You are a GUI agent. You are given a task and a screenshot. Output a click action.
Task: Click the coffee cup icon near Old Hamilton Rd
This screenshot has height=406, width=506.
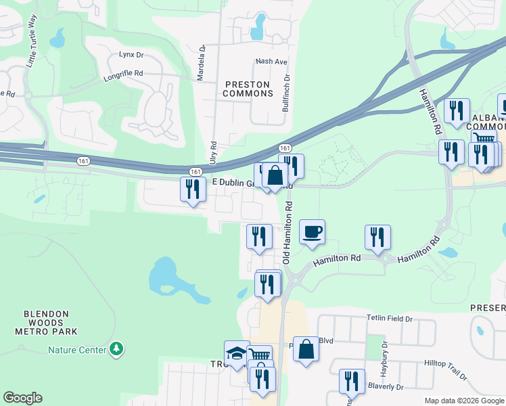point(312,232)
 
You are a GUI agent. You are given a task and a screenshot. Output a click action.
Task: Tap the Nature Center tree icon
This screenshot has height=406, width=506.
point(118,348)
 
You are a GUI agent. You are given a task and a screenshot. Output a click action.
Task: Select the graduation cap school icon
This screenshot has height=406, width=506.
point(236,353)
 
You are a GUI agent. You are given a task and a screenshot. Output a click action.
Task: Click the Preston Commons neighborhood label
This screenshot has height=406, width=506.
point(247,89)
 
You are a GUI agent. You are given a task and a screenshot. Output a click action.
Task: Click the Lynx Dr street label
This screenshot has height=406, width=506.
point(131,54)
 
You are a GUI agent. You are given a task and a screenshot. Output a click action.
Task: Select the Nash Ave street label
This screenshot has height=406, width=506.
point(271,62)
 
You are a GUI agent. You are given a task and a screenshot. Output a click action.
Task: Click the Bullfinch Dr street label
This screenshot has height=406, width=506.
point(287,92)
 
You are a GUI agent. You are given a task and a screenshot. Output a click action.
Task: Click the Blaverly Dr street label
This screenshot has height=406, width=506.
point(385,387)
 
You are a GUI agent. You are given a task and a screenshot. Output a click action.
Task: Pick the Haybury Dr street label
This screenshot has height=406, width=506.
point(384,354)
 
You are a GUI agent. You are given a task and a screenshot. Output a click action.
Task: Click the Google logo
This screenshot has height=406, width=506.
point(22,398)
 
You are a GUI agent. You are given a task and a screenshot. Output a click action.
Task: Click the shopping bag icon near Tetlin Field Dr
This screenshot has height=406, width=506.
point(306,349)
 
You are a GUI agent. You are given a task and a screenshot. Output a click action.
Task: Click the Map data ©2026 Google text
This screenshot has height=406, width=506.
point(463,401)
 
